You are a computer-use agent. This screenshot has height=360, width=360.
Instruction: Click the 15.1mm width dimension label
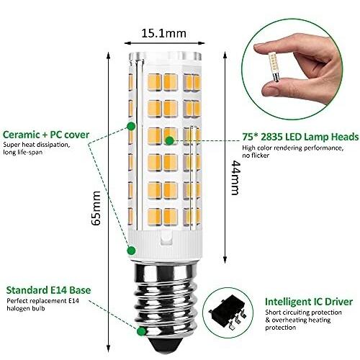[x=164, y=33]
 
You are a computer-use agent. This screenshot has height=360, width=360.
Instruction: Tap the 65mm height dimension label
[x=96, y=208]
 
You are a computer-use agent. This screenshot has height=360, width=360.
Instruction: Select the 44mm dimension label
[x=235, y=178]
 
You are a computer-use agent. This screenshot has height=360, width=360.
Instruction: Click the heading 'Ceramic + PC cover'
[x=46, y=135]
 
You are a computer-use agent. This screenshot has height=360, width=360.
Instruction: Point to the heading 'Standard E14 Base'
[x=48, y=290]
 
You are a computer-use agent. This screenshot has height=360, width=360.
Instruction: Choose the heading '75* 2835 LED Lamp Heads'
[x=300, y=137]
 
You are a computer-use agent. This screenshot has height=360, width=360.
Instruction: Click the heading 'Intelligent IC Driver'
[x=309, y=302]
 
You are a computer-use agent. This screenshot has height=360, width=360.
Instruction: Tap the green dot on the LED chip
[x=170, y=140]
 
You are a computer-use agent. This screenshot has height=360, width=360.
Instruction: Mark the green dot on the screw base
[x=141, y=331]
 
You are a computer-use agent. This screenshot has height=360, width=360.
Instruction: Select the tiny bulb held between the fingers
[x=273, y=67]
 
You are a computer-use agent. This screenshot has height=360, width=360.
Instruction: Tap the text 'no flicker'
[x=256, y=156]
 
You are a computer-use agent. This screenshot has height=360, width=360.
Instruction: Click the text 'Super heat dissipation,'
[x=36, y=145]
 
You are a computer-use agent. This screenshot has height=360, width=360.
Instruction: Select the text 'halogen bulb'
[x=26, y=308]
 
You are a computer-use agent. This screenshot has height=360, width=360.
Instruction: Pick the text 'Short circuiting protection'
[x=303, y=312]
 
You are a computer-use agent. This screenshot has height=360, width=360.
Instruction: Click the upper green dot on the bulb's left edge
[x=131, y=126]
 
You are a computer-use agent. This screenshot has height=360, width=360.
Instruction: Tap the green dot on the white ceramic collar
[x=131, y=251]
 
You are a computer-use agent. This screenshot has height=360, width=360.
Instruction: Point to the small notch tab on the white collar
[x=166, y=237]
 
